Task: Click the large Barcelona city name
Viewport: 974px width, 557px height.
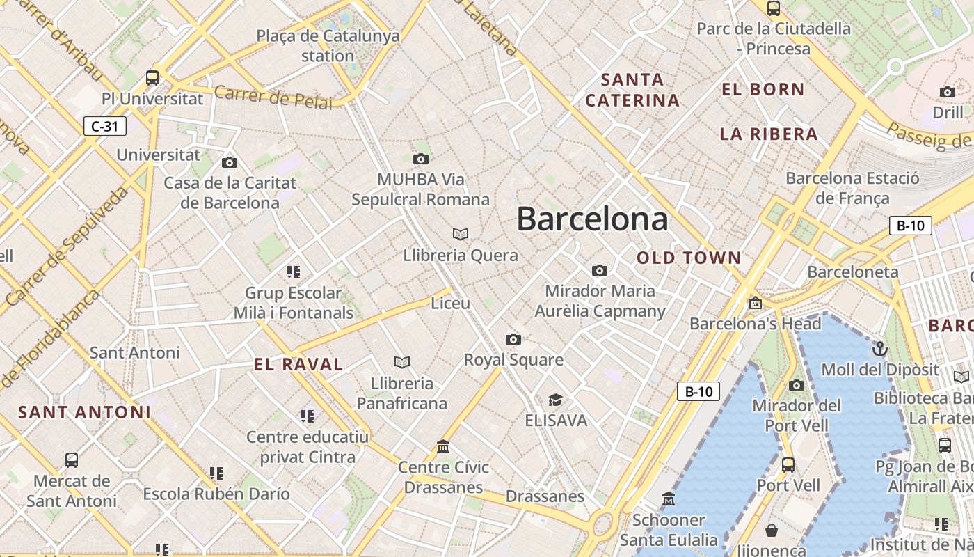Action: [x=592, y=219]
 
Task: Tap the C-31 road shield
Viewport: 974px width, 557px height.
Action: [x=105, y=126]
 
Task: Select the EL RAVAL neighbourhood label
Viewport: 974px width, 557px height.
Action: [x=298, y=364]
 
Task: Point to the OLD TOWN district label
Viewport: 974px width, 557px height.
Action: [x=689, y=258]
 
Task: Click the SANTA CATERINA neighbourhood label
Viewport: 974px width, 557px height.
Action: [x=632, y=90]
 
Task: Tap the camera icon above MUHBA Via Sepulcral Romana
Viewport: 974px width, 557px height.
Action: [x=421, y=159]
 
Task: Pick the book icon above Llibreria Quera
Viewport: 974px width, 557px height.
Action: [x=460, y=234]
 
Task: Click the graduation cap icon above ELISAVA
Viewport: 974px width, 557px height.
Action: [x=555, y=400]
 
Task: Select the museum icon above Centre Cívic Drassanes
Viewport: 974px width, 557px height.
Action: [x=443, y=446]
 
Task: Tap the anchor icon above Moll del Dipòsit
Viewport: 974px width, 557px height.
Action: [x=880, y=348]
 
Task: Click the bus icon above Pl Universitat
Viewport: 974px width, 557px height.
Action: [x=152, y=77]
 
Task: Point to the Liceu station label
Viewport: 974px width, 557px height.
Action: [x=451, y=304]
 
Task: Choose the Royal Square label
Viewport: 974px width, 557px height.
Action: [x=513, y=360]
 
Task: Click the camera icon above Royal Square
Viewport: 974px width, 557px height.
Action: [x=513, y=339]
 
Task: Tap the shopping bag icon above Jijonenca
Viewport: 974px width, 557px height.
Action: [x=772, y=531]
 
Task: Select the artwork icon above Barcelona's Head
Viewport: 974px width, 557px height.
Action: [x=756, y=303]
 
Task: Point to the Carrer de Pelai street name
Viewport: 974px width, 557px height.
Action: [x=273, y=97]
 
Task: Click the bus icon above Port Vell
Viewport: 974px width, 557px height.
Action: [x=788, y=464]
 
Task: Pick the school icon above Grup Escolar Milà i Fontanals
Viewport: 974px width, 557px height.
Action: [x=294, y=272]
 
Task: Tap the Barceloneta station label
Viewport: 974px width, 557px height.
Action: [x=853, y=272]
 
